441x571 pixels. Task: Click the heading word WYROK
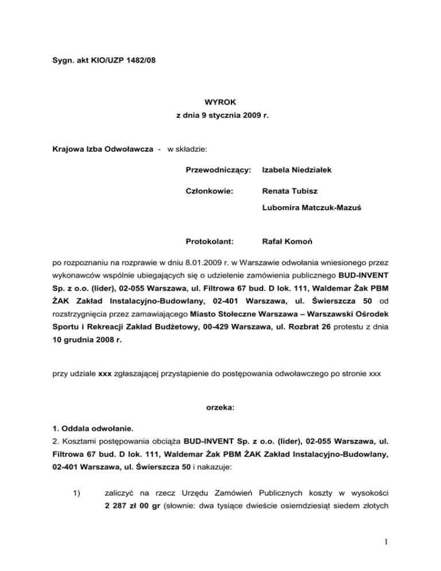tap(220, 101)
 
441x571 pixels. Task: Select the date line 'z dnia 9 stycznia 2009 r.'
tap(220, 116)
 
